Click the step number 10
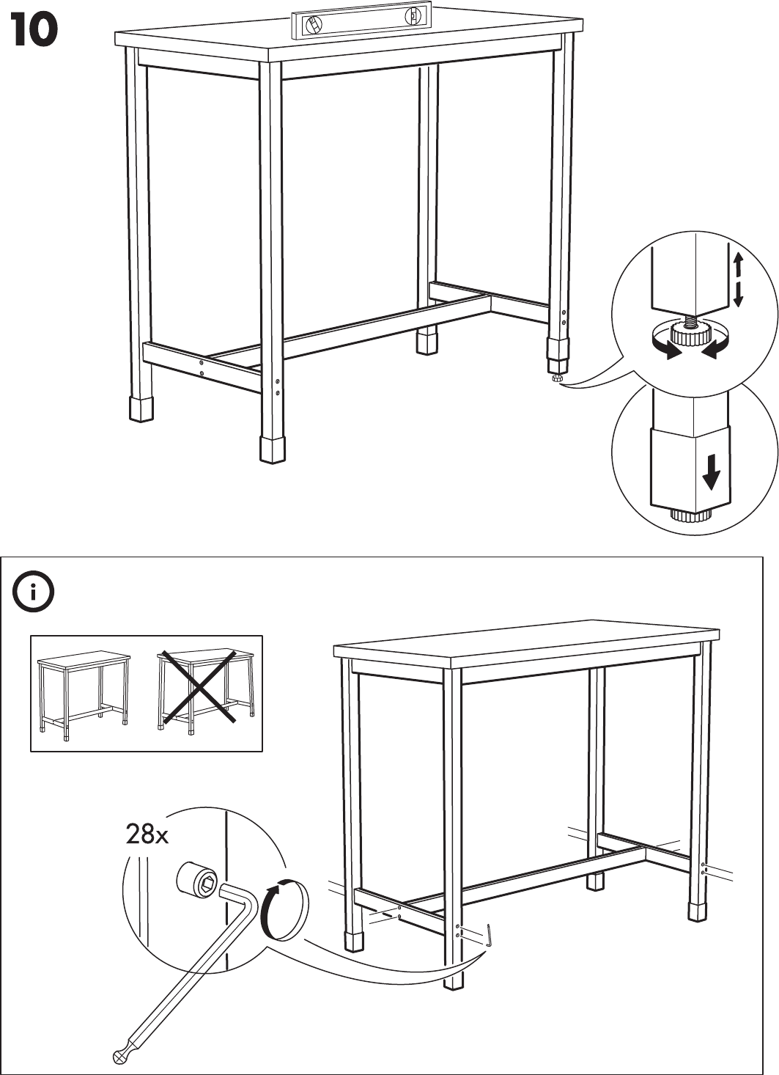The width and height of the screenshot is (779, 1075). pos(34,32)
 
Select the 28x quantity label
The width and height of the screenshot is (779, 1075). pos(147,834)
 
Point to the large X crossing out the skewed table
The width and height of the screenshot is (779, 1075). pos(198,686)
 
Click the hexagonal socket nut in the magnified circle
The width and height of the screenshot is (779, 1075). pos(199,881)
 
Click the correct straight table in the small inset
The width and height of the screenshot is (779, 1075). pos(84,690)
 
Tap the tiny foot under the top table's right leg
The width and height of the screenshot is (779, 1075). pos(557,378)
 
